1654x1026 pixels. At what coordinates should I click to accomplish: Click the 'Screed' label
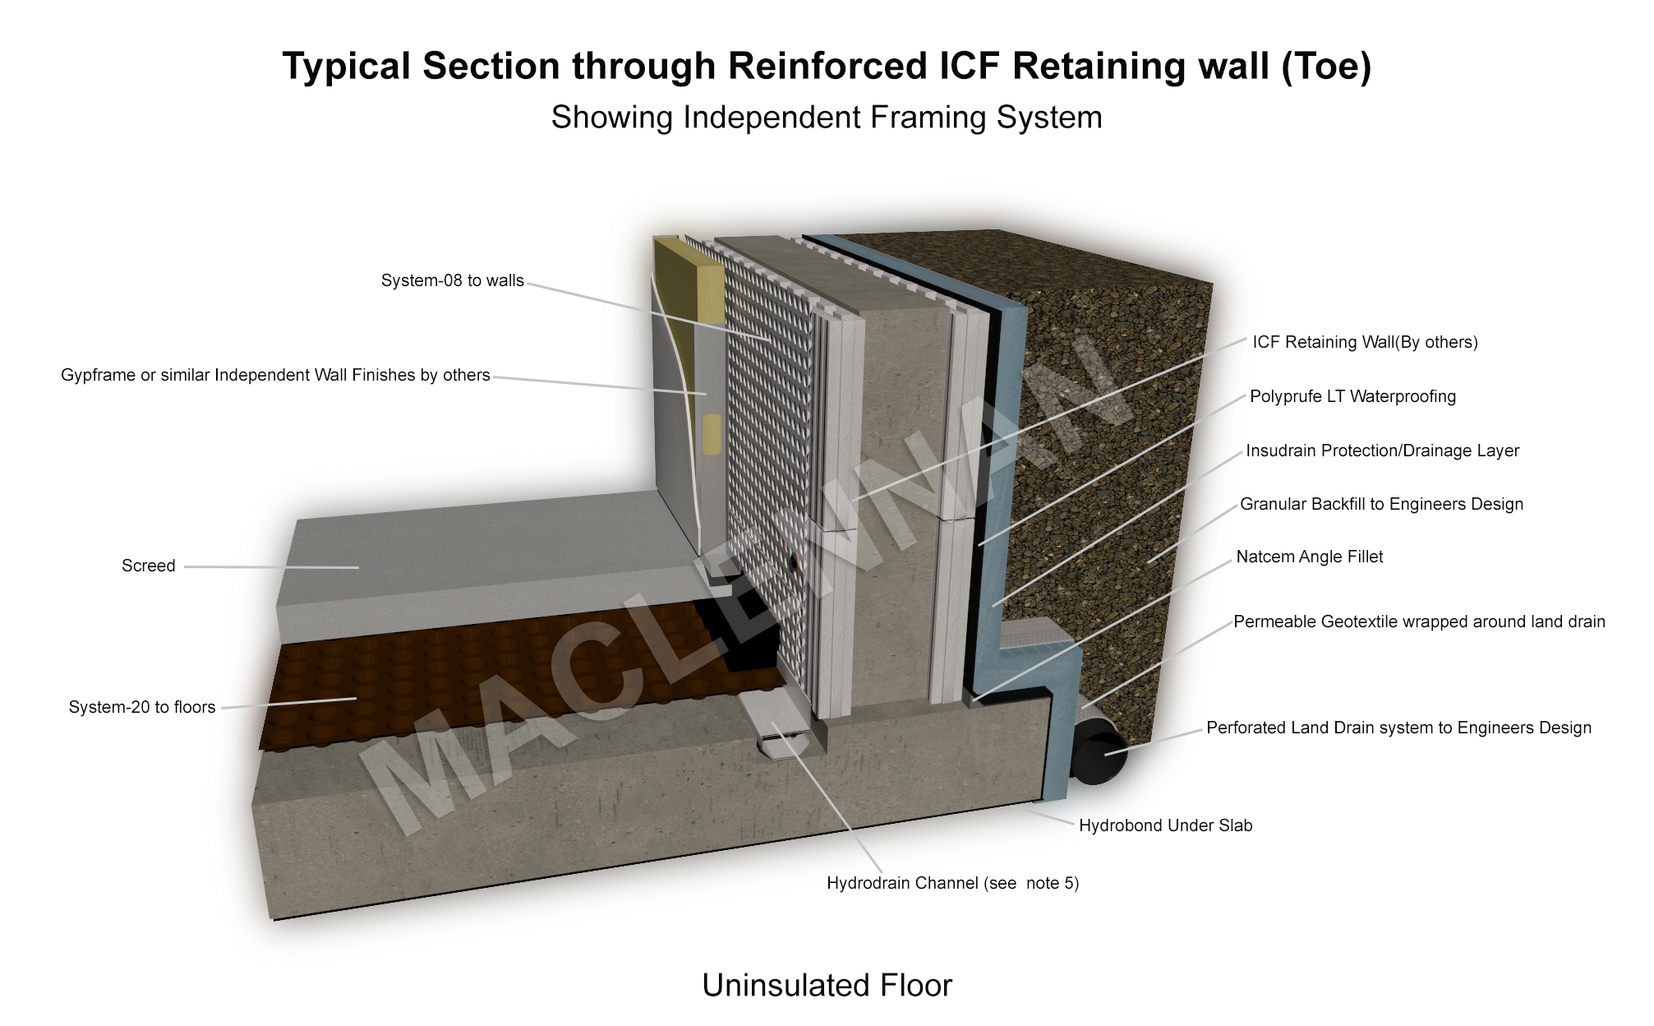[x=149, y=566]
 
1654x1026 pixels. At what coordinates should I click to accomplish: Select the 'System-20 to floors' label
[x=142, y=707]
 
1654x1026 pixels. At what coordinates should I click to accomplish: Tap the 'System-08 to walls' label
[x=452, y=280]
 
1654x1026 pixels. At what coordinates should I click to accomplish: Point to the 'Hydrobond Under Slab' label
[x=1165, y=825]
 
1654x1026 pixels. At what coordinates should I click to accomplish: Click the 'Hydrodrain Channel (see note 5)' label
[x=952, y=883]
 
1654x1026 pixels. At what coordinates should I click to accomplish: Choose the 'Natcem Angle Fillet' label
[x=1309, y=557]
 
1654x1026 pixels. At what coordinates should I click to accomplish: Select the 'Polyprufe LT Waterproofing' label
[x=1352, y=396]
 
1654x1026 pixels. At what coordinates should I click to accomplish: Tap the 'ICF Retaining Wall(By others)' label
[x=1365, y=342]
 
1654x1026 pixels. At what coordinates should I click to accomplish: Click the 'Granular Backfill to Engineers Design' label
[x=1381, y=504]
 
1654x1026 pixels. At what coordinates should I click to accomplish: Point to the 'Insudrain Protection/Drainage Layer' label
[x=1382, y=451]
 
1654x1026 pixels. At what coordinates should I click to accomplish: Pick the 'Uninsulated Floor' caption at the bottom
[x=827, y=985]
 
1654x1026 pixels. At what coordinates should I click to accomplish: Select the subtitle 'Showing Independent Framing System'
[x=827, y=118]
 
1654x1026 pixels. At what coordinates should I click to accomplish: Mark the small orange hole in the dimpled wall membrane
[x=795, y=562]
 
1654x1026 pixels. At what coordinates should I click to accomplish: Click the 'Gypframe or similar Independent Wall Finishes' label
[x=275, y=375]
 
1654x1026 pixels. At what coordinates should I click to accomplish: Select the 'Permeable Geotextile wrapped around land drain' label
[x=1419, y=622]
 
